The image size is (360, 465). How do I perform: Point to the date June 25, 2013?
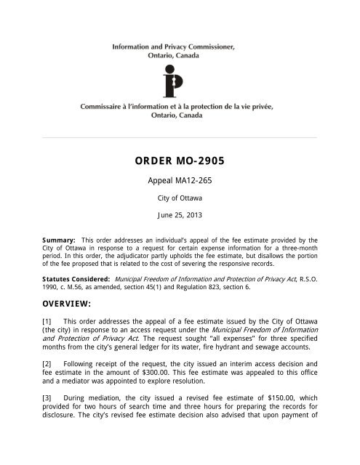coord(180,216)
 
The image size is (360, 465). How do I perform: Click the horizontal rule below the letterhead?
coord(180,137)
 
